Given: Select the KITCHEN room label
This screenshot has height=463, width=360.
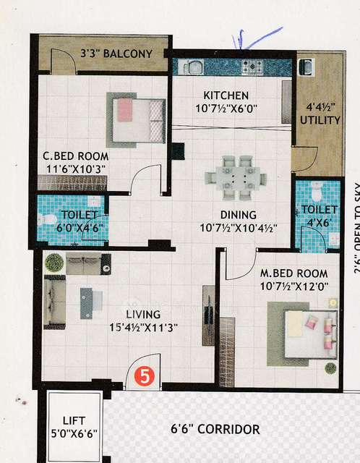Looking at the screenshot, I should [x=226, y=95].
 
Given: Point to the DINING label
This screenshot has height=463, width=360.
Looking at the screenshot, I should [x=239, y=214].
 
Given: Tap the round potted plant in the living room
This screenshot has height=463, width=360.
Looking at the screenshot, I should [x=53, y=261].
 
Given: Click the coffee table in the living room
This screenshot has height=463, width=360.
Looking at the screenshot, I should [x=86, y=302].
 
